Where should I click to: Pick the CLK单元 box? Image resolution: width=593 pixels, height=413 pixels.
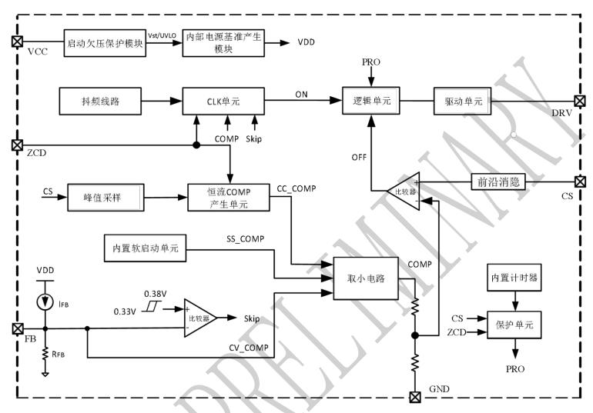[223, 100]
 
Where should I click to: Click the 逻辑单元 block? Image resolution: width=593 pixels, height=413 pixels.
[372, 100]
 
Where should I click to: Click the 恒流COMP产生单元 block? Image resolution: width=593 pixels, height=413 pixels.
[229, 197]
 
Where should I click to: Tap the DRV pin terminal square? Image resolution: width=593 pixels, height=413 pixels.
[578, 100]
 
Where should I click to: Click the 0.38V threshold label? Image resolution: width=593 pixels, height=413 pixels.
[157, 295]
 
